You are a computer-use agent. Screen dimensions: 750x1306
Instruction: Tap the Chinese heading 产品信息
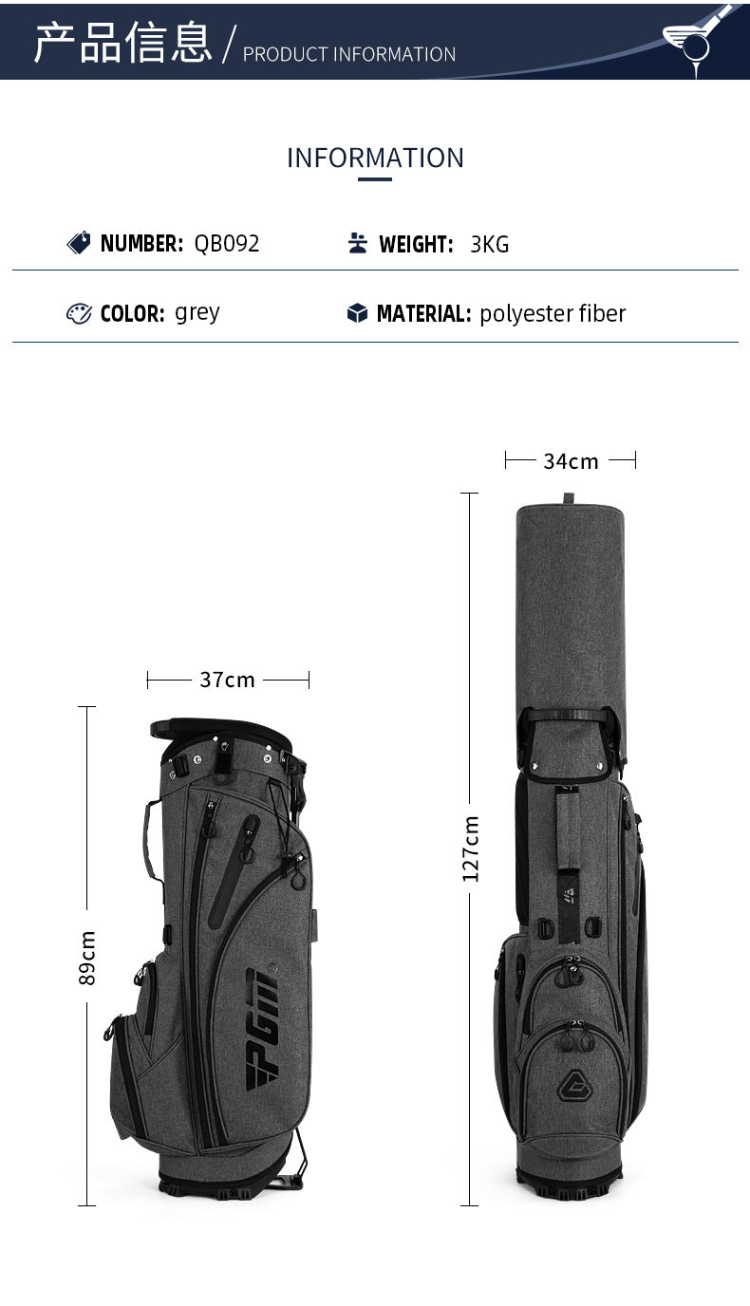coord(122,42)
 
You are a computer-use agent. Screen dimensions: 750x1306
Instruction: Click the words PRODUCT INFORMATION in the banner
coord(348,54)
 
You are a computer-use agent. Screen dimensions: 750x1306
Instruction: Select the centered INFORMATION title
coord(375,158)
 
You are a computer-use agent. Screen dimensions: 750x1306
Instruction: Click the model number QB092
coord(226,243)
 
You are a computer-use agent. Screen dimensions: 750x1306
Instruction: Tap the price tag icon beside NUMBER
coord(79,243)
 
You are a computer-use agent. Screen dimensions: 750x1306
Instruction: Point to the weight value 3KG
coord(489,244)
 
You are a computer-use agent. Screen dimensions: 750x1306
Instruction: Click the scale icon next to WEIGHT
coord(358,243)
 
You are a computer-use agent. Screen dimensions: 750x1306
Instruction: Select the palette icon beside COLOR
coord(79,313)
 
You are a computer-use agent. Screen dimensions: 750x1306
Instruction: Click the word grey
coord(197,313)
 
